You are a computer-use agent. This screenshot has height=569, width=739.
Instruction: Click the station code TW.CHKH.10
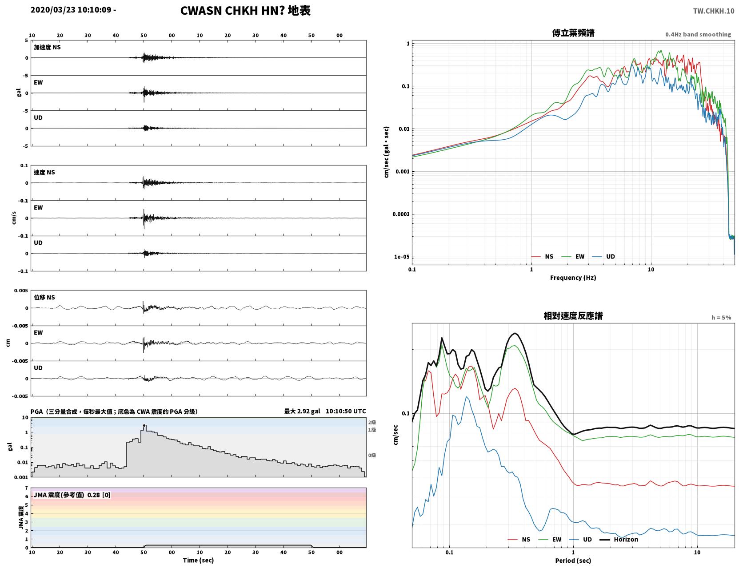coord(714,11)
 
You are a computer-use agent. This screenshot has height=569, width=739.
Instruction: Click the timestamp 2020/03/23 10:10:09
coord(71,10)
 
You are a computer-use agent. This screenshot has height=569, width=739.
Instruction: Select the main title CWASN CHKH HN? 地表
coord(245,11)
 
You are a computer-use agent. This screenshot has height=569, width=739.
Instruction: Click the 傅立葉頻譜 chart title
coord(573,33)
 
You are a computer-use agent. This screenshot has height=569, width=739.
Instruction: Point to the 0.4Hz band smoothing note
coord(698,34)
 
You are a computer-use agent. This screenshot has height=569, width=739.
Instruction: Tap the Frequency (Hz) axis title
coord(573,278)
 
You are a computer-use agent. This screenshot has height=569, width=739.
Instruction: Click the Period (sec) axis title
coord(573,561)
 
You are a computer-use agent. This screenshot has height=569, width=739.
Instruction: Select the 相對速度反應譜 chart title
coord(573,316)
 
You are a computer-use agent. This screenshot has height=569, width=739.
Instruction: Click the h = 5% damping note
coord(721,318)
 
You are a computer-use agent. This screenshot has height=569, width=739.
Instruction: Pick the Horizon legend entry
coord(619,539)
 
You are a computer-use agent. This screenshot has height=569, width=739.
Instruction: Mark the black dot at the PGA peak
coord(144,425)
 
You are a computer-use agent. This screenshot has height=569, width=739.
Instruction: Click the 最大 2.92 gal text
coord(302,411)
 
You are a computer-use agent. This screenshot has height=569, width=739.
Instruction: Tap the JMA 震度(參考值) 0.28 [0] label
coord(72,495)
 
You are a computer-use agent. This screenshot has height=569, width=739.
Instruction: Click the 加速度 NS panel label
coord(47,47)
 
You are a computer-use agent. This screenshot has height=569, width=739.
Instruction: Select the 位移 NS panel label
coord(44,298)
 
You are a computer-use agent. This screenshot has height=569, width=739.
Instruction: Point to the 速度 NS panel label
coord(44,172)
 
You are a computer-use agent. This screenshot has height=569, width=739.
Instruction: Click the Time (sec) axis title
coord(198,560)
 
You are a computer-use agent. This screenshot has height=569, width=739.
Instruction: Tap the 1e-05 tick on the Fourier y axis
coord(402,257)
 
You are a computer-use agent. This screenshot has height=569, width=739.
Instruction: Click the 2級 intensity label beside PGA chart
coord(372,422)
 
